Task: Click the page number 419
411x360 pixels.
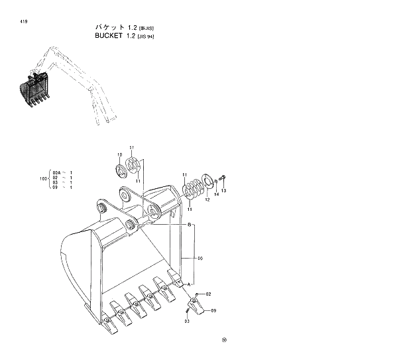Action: [x=15, y=23]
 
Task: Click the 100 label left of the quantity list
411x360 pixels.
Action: [x=43, y=178]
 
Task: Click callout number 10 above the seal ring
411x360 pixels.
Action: [x=120, y=155]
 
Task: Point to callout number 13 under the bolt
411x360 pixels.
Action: [x=223, y=191]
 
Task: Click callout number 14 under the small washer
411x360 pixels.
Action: [x=216, y=195]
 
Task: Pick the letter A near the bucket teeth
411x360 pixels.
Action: [x=189, y=284]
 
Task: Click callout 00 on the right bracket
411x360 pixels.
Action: [x=200, y=258]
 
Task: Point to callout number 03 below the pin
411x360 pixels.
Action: [x=187, y=321]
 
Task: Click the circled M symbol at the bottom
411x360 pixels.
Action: [x=224, y=341]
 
